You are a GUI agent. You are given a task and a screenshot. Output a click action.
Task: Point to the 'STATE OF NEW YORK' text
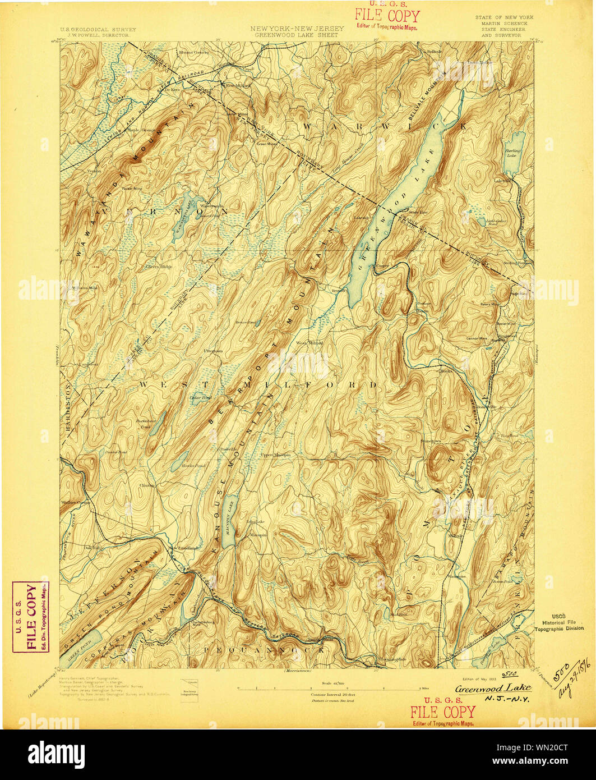(504, 17)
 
